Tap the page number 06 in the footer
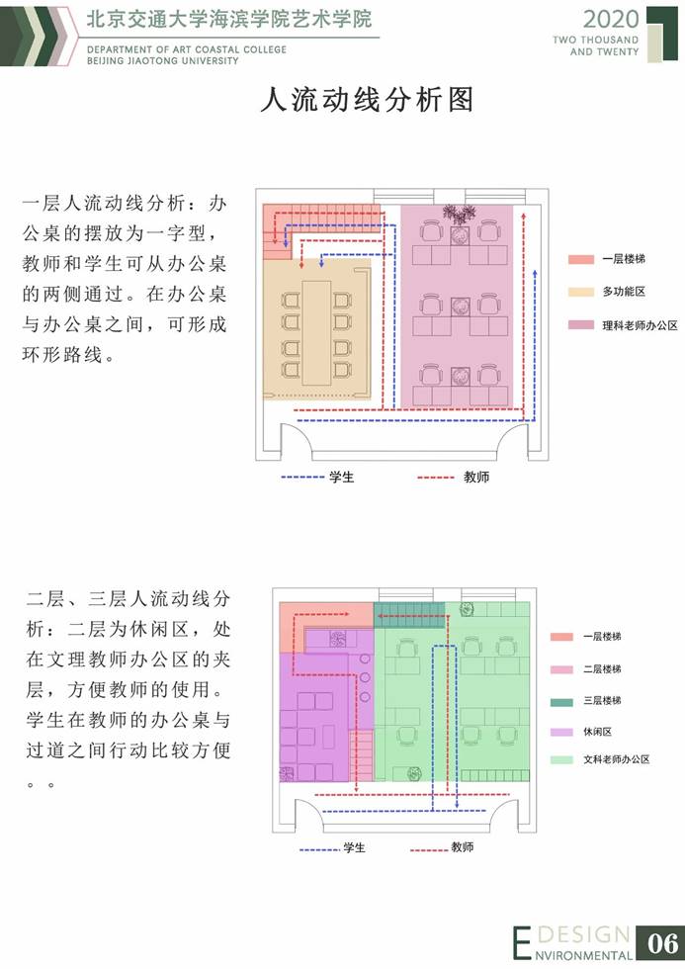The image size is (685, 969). (x=659, y=942)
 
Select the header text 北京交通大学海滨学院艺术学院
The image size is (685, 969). (x=229, y=19)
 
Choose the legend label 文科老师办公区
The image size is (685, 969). (x=616, y=761)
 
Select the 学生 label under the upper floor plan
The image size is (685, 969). (x=342, y=477)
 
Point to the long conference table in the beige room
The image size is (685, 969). (x=319, y=324)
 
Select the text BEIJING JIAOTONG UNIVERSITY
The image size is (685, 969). (x=163, y=60)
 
